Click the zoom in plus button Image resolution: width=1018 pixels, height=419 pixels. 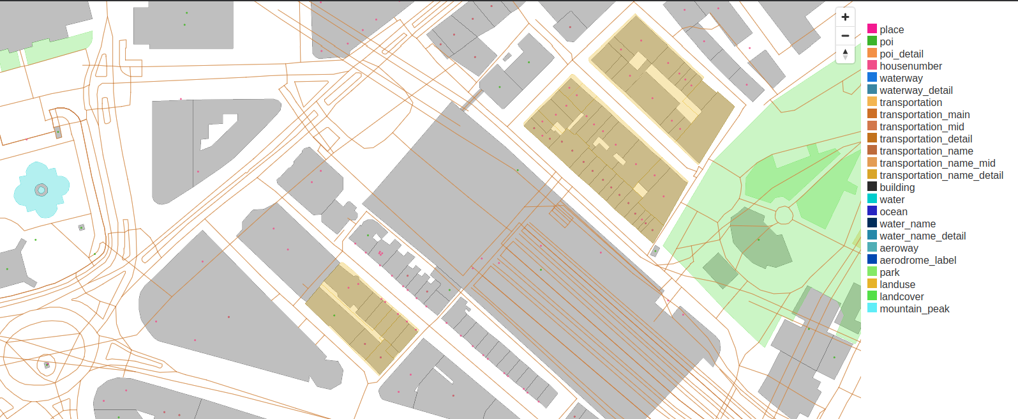(845, 17)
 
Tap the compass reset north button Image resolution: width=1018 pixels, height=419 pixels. (845, 54)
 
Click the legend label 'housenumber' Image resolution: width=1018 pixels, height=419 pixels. (910, 66)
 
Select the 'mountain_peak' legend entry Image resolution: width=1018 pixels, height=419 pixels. (914, 309)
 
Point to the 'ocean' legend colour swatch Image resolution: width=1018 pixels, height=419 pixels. (872, 211)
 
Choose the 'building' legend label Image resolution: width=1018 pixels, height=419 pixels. (897, 188)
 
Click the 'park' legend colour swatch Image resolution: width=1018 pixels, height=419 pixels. (872, 272)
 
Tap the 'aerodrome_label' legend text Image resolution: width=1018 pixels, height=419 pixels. (917, 261)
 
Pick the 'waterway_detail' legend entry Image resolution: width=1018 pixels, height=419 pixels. (915, 91)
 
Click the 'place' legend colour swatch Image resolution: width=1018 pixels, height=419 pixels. (872, 29)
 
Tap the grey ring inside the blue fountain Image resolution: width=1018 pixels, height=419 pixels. (41, 190)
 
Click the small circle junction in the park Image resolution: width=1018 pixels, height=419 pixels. (784, 215)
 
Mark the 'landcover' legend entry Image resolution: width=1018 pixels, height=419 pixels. (901, 297)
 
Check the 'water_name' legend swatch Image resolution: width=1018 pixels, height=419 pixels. (872, 224)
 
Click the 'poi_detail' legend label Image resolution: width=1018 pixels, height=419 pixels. (901, 54)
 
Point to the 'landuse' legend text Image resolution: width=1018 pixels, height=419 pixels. (897, 285)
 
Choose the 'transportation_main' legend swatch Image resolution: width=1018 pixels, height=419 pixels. (872, 115)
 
